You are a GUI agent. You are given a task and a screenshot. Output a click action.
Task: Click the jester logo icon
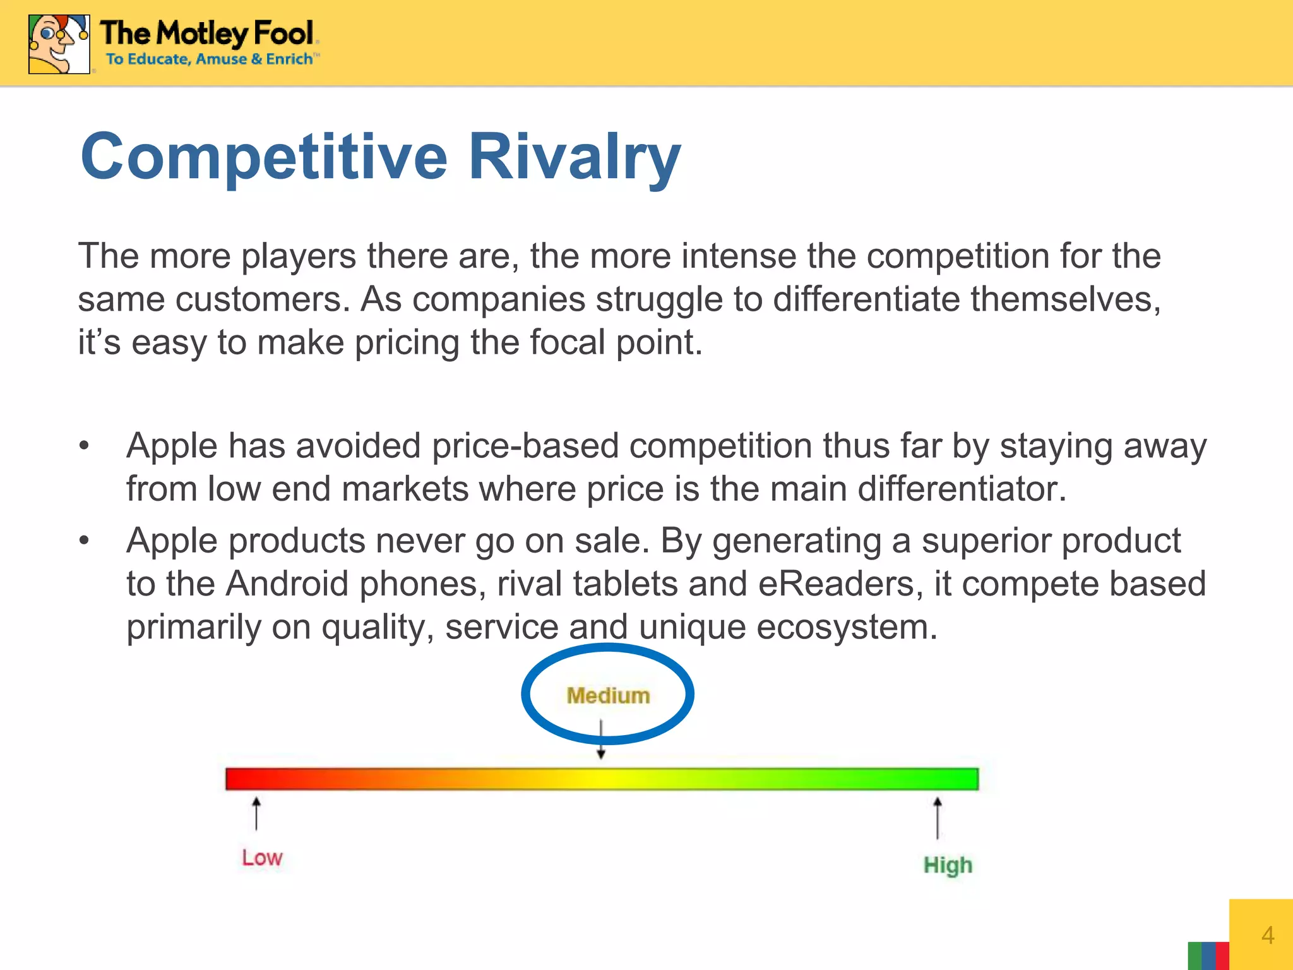click(x=59, y=44)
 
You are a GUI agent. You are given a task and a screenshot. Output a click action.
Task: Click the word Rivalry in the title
click(x=574, y=157)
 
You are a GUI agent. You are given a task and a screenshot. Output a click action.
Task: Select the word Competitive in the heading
click(x=264, y=157)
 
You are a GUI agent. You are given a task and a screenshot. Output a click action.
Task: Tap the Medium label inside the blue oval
click(x=608, y=695)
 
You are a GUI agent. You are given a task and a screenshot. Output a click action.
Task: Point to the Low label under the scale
click(x=262, y=858)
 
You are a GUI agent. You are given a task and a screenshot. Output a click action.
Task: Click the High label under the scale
click(x=948, y=865)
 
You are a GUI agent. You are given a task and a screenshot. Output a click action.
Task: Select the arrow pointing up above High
click(x=938, y=818)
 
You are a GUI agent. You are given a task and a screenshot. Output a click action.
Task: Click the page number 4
click(x=1267, y=935)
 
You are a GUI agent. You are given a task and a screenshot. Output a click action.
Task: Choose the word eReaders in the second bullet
click(x=836, y=584)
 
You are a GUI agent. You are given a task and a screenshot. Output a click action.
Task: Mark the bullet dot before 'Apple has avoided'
click(x=85, y=446)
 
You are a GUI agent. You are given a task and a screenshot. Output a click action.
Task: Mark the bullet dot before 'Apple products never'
click(x=85, y=541)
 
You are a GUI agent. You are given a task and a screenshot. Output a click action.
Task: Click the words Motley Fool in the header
click(x=235, y=33)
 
